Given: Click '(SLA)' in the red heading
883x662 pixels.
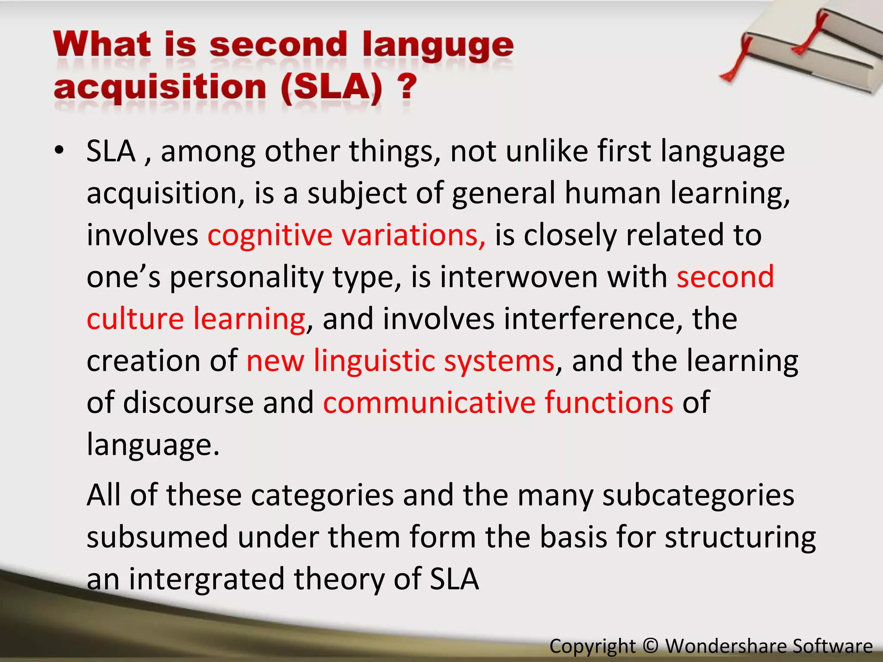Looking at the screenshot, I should (x=331, y=87).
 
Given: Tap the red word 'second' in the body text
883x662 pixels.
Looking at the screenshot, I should (x=725, y=277).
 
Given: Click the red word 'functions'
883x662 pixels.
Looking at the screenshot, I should (x=609, y=403).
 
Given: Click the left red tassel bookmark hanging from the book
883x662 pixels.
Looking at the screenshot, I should (x=736, y=65).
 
